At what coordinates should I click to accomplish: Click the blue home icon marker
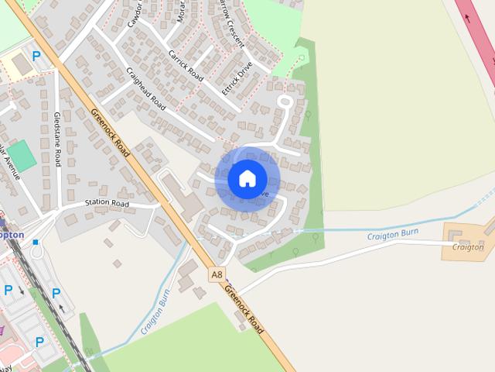(x=247, y=178)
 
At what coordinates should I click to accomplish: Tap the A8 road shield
(x=217, y=274)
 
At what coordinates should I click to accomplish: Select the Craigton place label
(x=469, y=247)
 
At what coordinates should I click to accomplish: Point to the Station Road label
(x=106, y=204)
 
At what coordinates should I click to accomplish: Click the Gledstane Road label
(x=57, y=139)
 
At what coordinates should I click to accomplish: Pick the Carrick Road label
(x=186, y=66)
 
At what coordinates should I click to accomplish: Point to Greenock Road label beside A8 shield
(x=244, y=309)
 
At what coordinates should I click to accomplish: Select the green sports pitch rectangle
(x=22, y=156)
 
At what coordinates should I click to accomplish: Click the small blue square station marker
(x=36, y=243)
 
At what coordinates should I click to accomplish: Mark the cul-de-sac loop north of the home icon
(x=285, y=101)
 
